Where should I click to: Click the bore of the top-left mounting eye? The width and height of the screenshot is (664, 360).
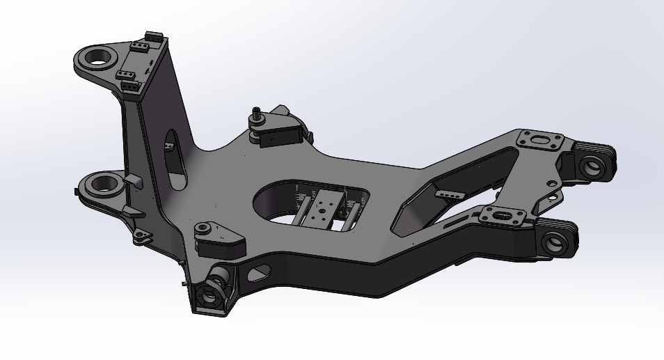pyautogui.click(x=102, y=56)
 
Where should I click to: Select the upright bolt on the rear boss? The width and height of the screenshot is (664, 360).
pyautogui.click(x=258, y=114)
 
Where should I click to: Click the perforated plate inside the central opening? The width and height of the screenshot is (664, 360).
pyautogui.click(x=325, y=209)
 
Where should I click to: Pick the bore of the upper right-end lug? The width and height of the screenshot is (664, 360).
pyautogui.click(x=592, y=166)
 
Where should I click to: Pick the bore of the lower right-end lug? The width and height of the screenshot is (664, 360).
pyautogui.click(x=555, y=243)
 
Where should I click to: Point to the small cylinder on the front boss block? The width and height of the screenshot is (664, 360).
pyautogui.click(x=203, y=228)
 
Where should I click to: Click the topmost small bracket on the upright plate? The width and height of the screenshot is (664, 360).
pyautogui.click(x=154, y=36)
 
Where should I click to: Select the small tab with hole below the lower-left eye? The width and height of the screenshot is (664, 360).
pyautogui.click(x=141, y=237)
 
